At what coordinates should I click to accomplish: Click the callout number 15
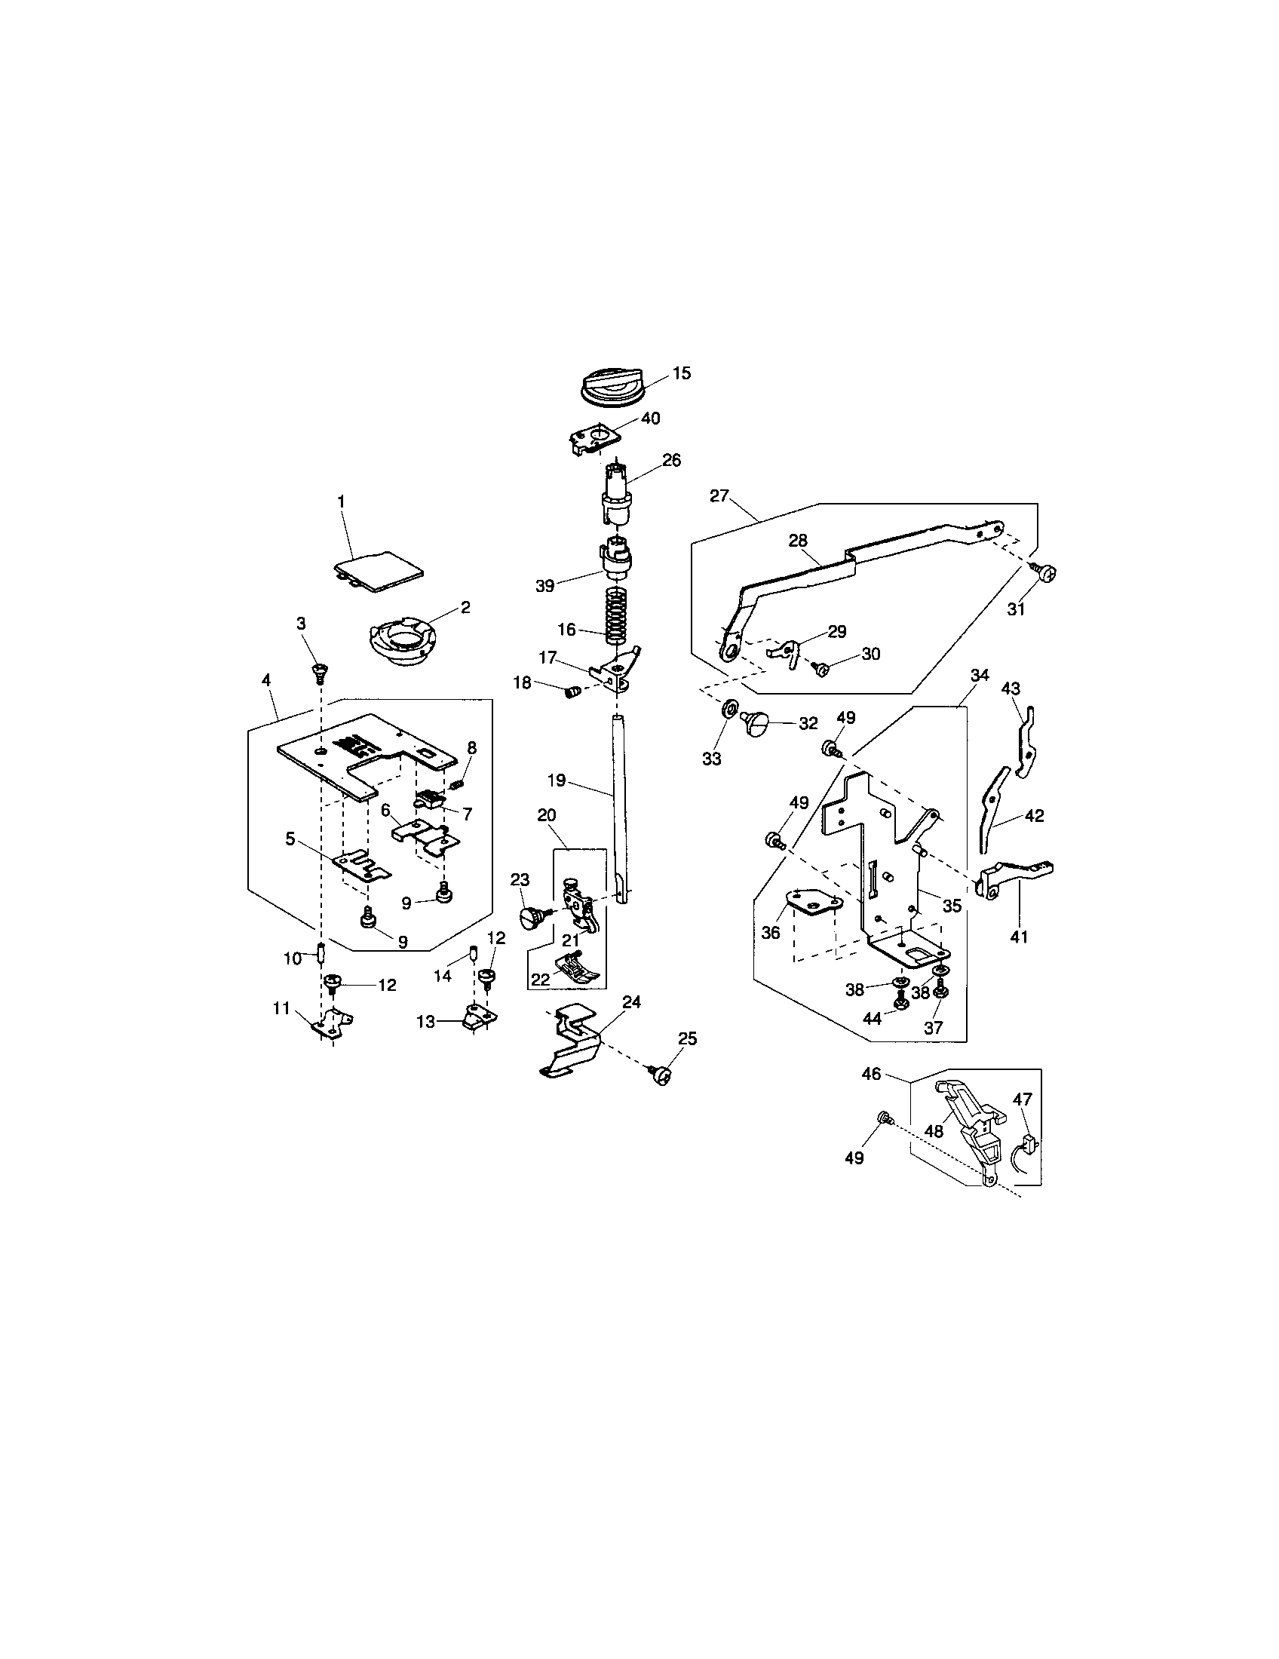coord(681,373)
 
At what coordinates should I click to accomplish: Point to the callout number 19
coord(556,780)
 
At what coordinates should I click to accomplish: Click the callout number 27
coord(719,496)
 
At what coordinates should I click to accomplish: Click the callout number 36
coord(770,932)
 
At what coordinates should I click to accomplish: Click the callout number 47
coord(1023,1099)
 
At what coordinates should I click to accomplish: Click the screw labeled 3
coord(320,670)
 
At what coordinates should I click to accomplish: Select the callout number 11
coord(282,1008)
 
